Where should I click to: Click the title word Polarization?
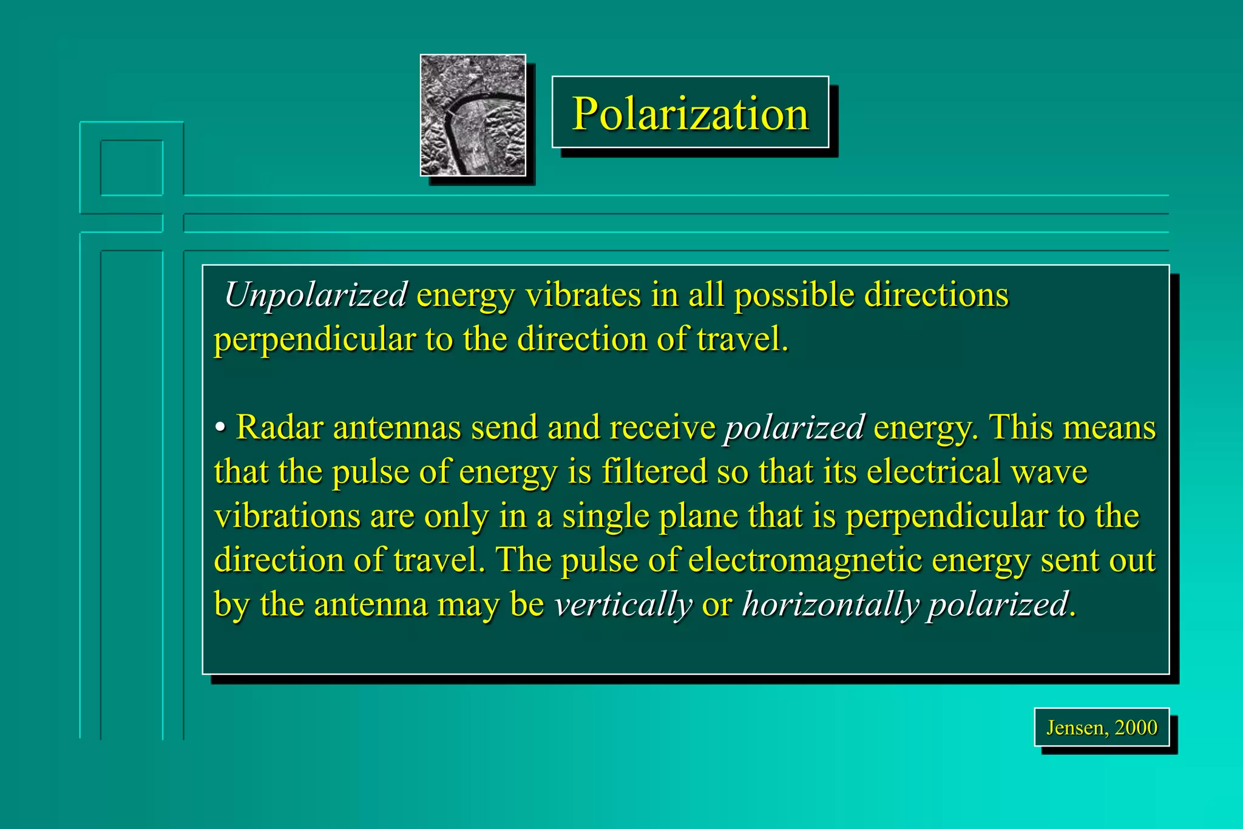pos(690,113)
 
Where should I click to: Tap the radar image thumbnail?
pos(473,115)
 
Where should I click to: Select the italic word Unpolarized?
pos(316,295)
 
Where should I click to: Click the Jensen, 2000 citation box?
pos(1101,727)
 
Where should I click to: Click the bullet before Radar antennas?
pos(220,427)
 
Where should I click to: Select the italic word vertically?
pos(623,604)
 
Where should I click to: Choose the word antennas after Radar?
pos(397,427)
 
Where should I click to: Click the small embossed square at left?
pos(132,168)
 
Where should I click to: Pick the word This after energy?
pos(1021,427)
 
